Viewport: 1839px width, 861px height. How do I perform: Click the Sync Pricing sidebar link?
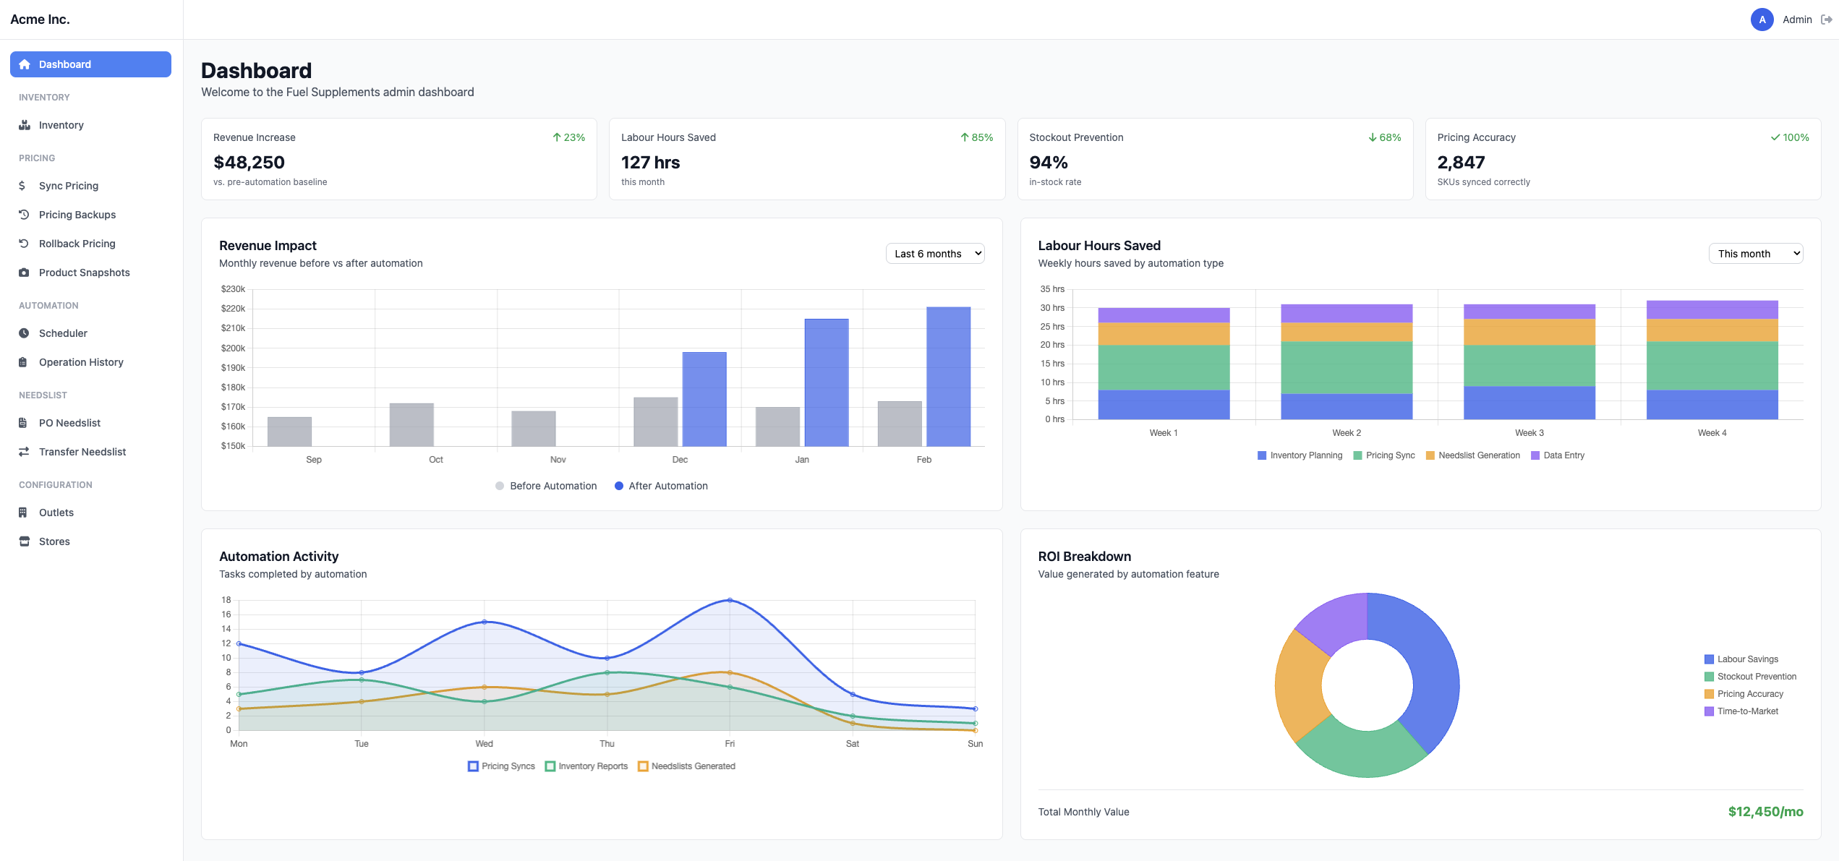point(68,186)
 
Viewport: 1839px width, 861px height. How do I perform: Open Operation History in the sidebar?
point(80,362)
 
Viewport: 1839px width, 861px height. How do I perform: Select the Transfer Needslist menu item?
point(82,452)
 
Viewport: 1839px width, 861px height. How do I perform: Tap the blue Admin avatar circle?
point(1762,20)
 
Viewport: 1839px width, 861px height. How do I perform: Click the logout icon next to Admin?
point(1826,20)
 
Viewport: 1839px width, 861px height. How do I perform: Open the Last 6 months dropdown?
point(934,254)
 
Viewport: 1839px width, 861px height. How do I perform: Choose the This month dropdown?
point(1754,254)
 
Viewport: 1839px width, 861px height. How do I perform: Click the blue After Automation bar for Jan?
point(826,382)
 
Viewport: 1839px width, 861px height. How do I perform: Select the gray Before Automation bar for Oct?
point(411,424)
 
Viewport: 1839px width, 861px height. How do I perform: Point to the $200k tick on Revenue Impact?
point(233,348)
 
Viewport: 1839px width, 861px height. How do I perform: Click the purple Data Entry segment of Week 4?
point(1712,309)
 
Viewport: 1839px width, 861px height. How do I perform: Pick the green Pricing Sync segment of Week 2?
point(1346,367)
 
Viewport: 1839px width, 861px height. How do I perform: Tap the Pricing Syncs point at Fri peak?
point(730,600)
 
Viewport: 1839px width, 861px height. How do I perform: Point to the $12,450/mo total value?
point(1765,812)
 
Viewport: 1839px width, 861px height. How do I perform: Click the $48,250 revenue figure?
point(249,163)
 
